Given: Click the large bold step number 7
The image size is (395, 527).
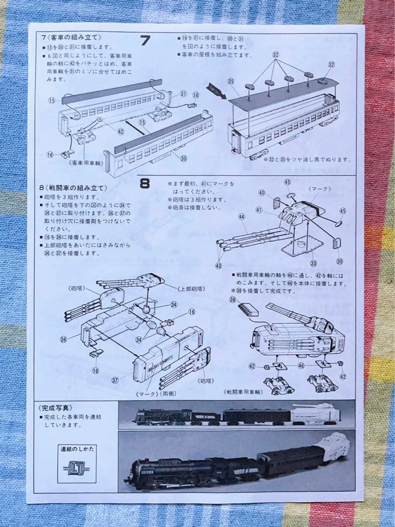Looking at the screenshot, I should [x=145, y=41].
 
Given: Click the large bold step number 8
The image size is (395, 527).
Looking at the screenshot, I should [x=145, y=183].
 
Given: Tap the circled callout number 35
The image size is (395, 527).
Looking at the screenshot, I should [x=231, y=81].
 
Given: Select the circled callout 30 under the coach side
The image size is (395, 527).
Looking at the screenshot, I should [x=183, y=158].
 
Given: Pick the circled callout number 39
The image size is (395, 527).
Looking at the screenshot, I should [x=339, y=262].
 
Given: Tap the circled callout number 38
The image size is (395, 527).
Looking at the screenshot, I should [x=233, y=300].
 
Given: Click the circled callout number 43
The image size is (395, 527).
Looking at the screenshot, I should [x=219, y=265].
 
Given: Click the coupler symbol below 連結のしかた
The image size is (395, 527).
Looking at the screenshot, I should [x=76, y=468].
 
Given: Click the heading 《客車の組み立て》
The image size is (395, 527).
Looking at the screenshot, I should [x=72, y=38].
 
